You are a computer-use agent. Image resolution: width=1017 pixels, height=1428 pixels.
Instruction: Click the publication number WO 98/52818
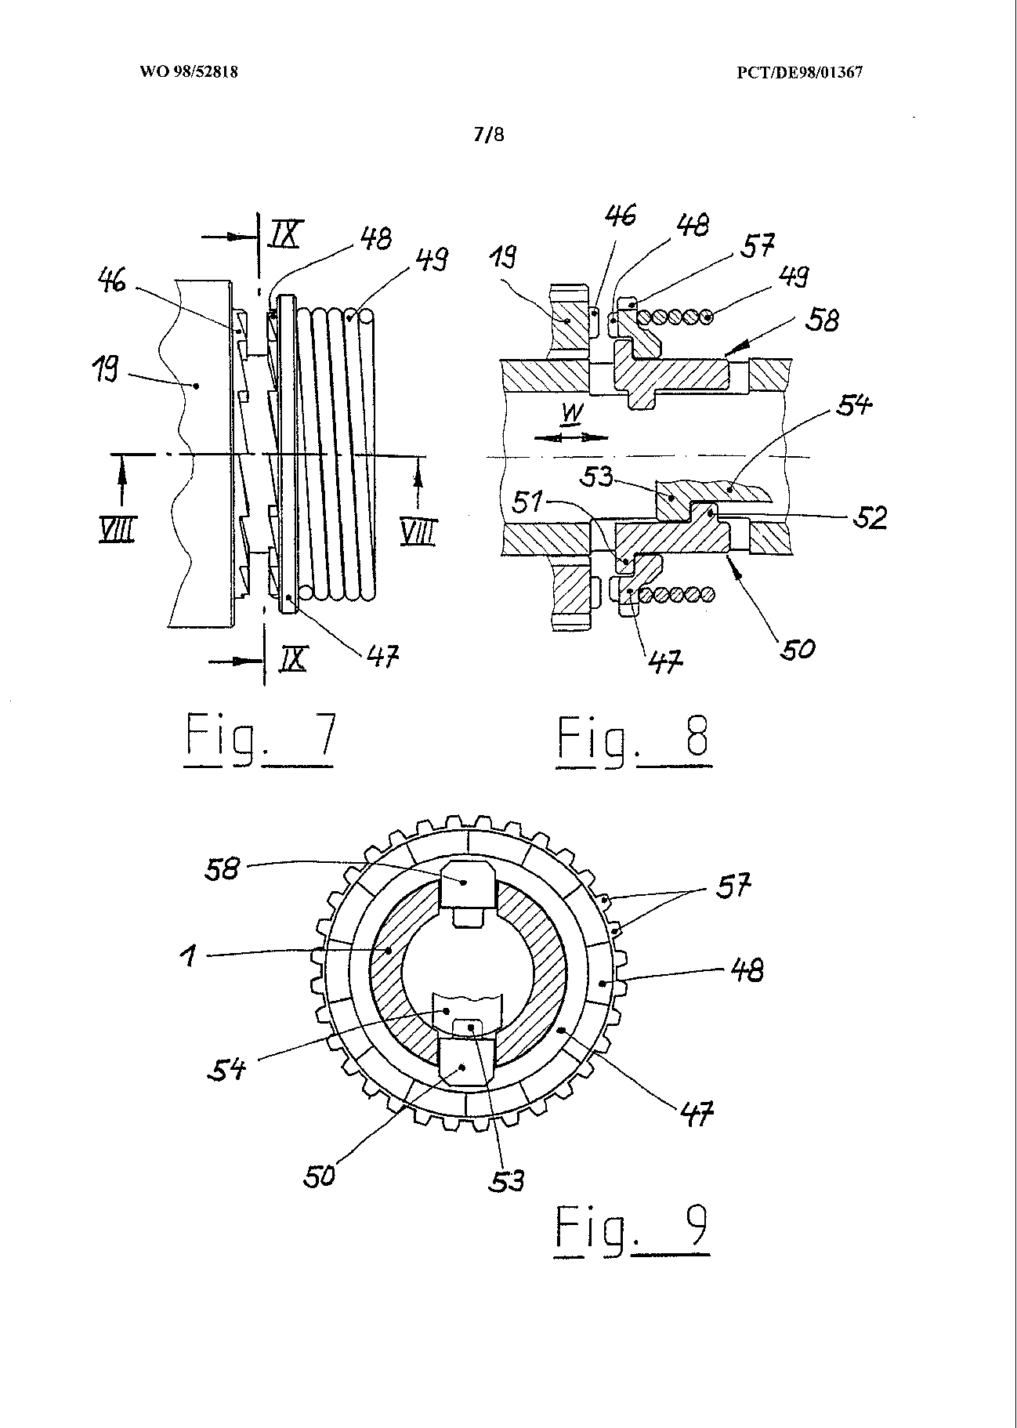188,72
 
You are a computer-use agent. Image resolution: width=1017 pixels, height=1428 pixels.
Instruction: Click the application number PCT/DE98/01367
799,73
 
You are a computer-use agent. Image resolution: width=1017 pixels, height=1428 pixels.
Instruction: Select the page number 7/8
489,134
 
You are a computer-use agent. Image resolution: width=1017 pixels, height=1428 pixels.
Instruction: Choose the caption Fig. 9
632,1230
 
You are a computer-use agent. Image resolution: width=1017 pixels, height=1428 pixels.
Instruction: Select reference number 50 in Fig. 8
796,648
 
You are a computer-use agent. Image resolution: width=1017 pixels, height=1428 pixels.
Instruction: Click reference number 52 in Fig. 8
869,518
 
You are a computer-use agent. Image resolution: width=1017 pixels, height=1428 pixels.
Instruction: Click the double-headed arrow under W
570,438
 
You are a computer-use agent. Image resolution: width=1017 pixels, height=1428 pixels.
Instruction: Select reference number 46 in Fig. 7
113,280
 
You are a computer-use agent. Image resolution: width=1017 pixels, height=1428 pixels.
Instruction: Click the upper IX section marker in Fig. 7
284,236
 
